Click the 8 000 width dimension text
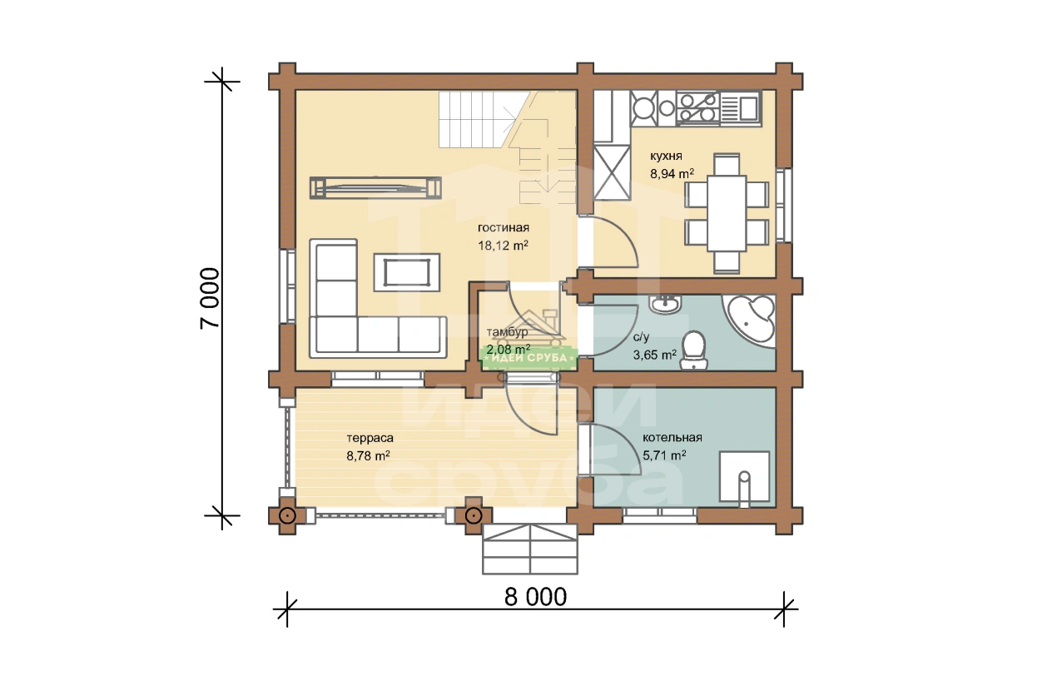click(x=535, y=597)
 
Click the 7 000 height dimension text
click(x=210, y=298)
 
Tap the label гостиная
click(x=504, y=227)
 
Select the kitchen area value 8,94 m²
click(x=672, y=174)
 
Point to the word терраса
click(x=370, y=438)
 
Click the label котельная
click(x=672, y=438)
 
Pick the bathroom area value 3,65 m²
click(x=654, y=355)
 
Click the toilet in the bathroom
click(x=693, y=350)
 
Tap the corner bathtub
click(x=750, y=321)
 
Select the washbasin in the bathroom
click(x=664, y=304)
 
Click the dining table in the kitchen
click(x=727, y=213)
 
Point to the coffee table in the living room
click(x=407, y=272)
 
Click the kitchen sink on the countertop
click(x=741, y=109)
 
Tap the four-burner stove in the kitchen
click(x=697, y=108)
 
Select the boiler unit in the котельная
click(x=744, y=476)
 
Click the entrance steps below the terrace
click(x=530, y=548)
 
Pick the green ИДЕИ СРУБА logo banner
click(x=529, y=358)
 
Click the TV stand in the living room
click(x=375, y=187)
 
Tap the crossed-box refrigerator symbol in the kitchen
click(x=612, y=172)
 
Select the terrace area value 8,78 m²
click(x=368, y=456)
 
